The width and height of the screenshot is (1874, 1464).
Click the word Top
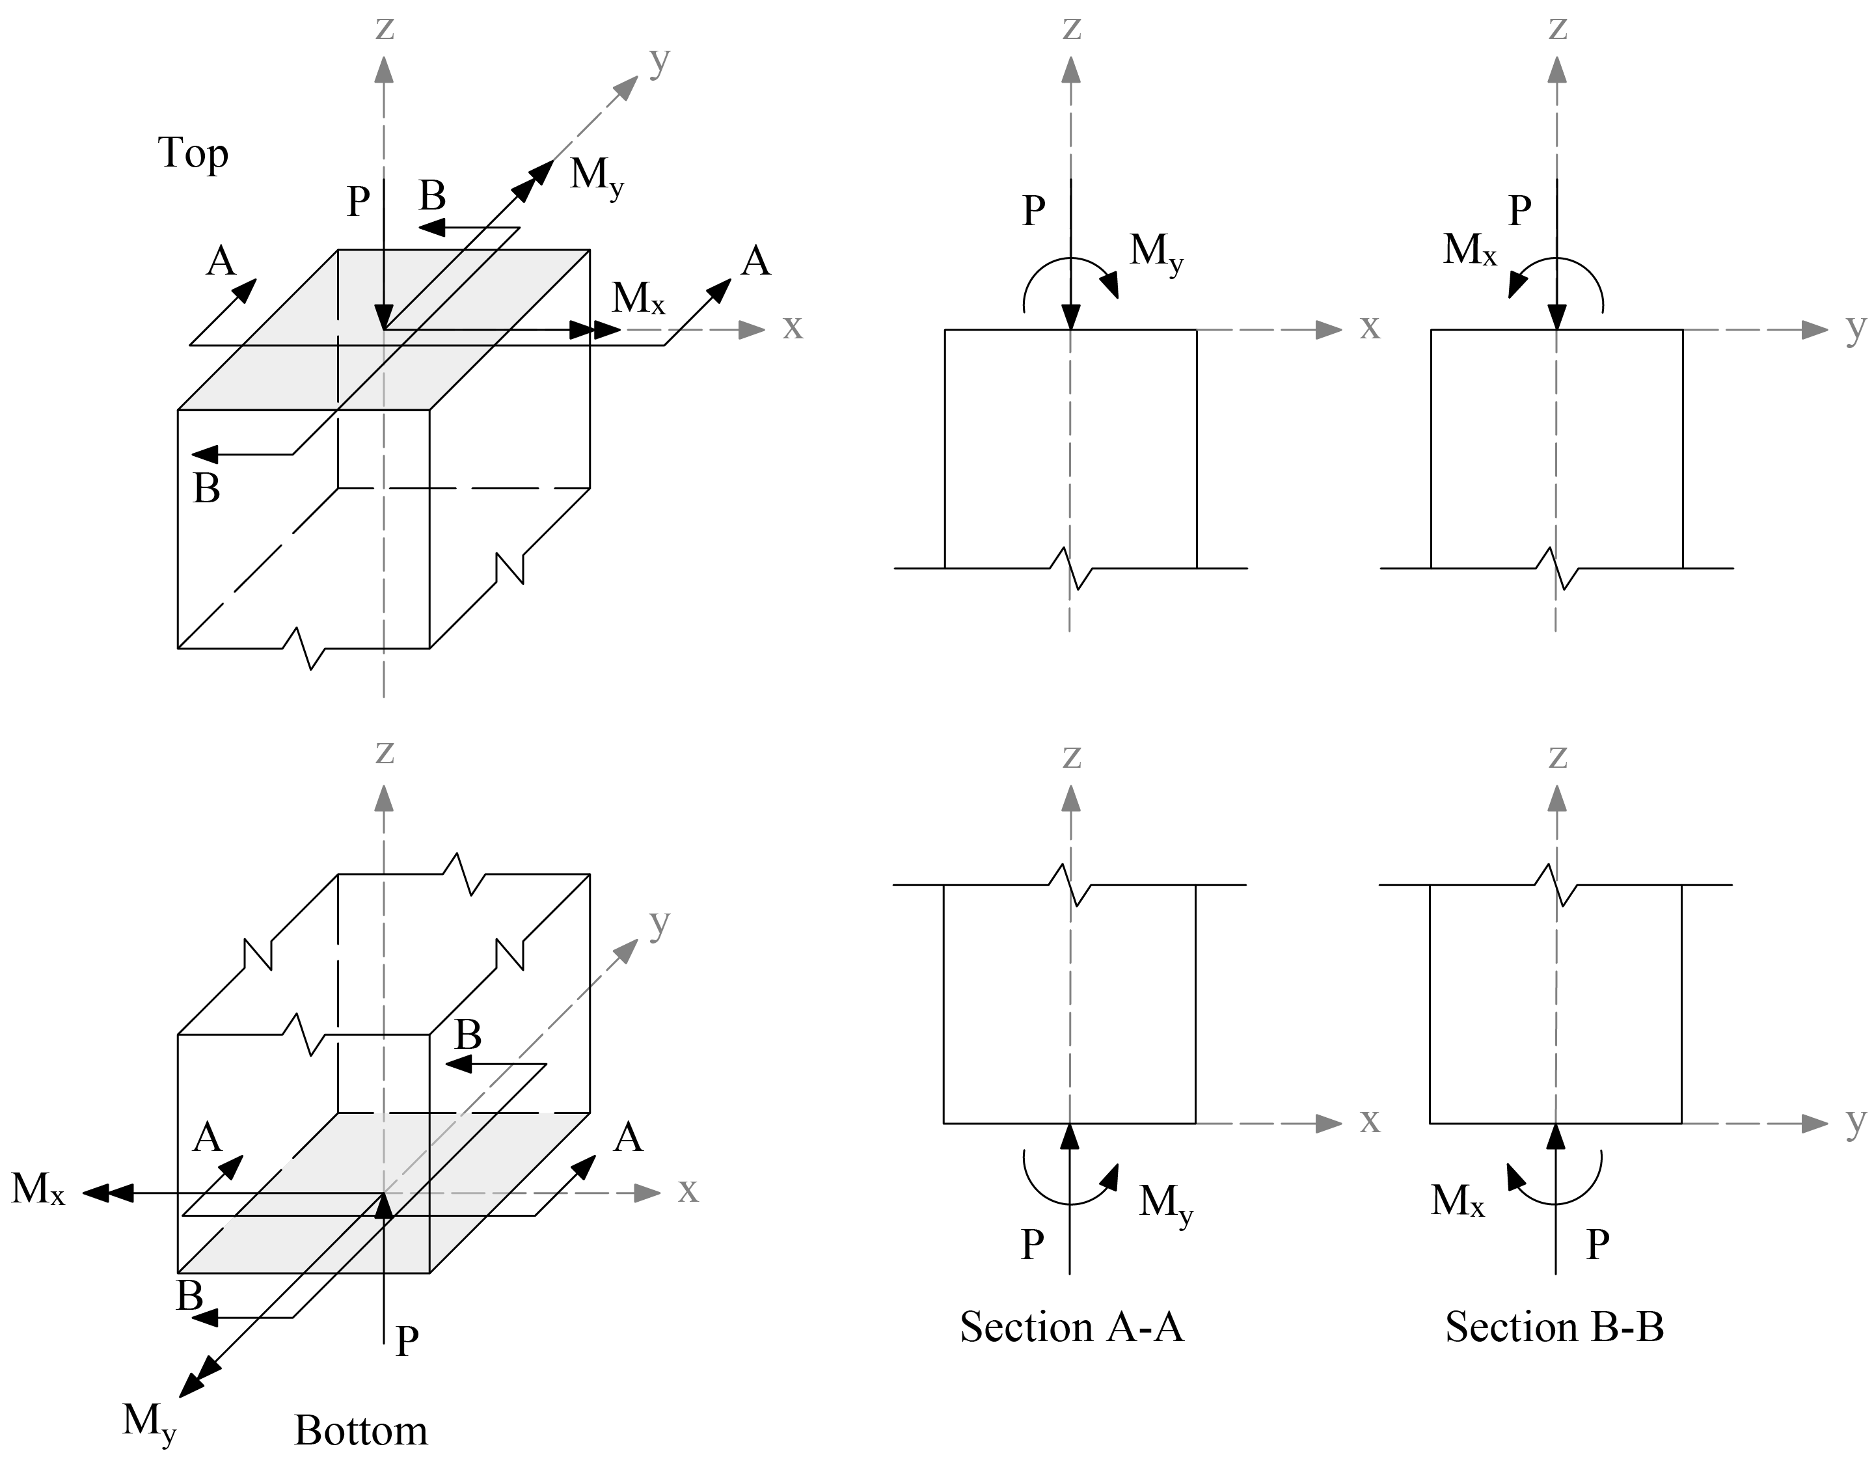coord(193,154)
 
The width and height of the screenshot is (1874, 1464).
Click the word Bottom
coord(360,1431)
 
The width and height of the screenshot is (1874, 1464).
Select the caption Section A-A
coord(1071,1327)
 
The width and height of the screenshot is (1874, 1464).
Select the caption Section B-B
coord(1554,1327)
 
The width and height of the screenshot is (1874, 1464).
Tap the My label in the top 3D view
coord(596,176)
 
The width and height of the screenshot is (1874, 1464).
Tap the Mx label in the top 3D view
coord(638,299)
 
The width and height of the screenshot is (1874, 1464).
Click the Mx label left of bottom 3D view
coord(38,1189)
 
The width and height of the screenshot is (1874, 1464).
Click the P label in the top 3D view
coord(358,202)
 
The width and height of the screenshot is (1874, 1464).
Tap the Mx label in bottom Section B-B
coord(1457,1200)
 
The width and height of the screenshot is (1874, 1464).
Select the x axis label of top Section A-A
coord(1370,328)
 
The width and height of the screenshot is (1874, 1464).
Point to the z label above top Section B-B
coord(1557,27)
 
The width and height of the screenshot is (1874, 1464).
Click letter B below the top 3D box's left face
coord(206,489)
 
